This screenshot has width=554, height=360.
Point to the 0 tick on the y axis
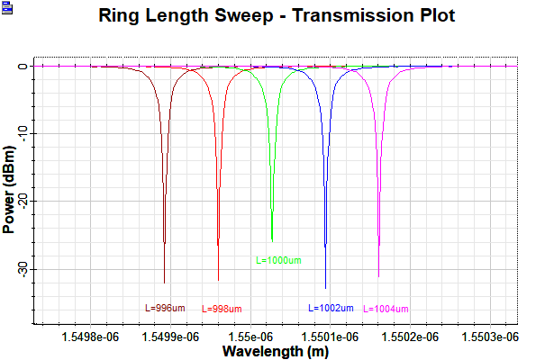tap(27, 67)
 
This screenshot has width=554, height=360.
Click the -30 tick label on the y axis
tap(22, 269)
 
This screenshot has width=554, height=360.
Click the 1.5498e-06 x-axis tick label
tap(88, 337)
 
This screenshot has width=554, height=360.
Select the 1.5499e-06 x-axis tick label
tap(169, 337)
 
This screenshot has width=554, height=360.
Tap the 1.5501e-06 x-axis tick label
tap(332, 337)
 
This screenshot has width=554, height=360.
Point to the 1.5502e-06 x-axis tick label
tap(413, 337)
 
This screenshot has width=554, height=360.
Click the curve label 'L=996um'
tap(166, 308)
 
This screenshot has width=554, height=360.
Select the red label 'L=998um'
tap(221, 309)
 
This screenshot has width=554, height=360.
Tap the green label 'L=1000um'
tap(278, 260)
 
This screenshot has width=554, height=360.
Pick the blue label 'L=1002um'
tap(331, 308)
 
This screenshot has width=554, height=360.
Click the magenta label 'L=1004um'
tap(386, 309)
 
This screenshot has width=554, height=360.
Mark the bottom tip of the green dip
tap(272, 240)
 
